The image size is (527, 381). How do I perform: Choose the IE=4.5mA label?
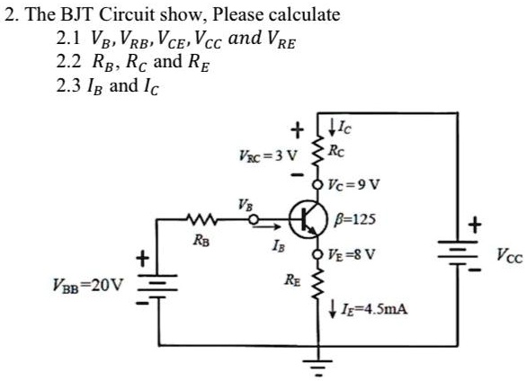(371, 309)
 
